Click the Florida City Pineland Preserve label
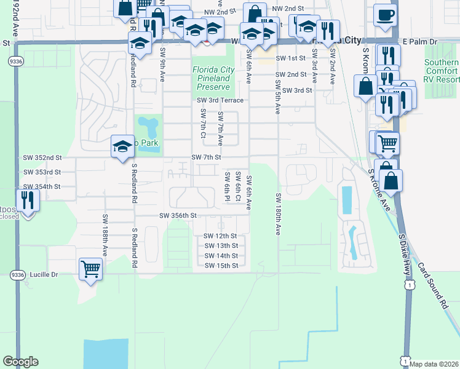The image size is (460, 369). point(211,79)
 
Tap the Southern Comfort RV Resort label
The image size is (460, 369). point(441,71)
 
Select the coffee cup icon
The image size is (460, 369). point(386,15)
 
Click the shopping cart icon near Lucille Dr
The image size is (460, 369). point(90,268)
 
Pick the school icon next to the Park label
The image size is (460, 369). point(121,146)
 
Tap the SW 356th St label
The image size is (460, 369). point(177,216)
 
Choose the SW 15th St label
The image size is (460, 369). point(221,266)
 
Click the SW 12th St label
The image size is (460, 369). point(221,236)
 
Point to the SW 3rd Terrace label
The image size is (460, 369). point(220,100)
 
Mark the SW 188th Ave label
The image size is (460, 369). point(105,235)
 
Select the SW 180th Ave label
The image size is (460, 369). point(278,215)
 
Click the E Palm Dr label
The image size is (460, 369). point(420,41)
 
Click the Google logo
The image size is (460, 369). point(20,362)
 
